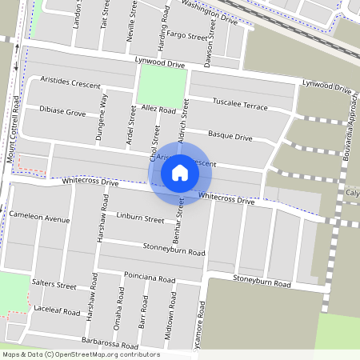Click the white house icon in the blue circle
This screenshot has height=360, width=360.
point(180,172)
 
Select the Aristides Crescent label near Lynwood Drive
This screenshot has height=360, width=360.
point(70,84)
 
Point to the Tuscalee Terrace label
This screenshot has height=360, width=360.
point(240,104)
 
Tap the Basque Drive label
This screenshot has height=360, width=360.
point(230,137)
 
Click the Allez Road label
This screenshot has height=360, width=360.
point(158,109)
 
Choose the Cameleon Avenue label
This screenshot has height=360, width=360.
point(40,218)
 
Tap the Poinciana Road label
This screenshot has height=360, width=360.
point(150,279)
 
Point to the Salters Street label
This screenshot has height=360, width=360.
point(54,285)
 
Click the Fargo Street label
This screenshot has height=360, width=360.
point(187,35)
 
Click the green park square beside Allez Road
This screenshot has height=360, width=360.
point(162,86)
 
